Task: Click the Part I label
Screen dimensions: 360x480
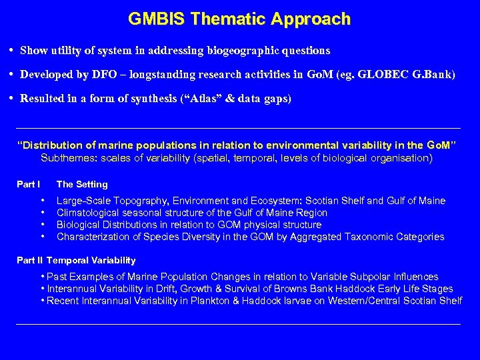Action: point(29,185)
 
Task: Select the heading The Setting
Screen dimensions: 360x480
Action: point(82,185)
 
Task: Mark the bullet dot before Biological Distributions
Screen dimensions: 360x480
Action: point(43,225)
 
